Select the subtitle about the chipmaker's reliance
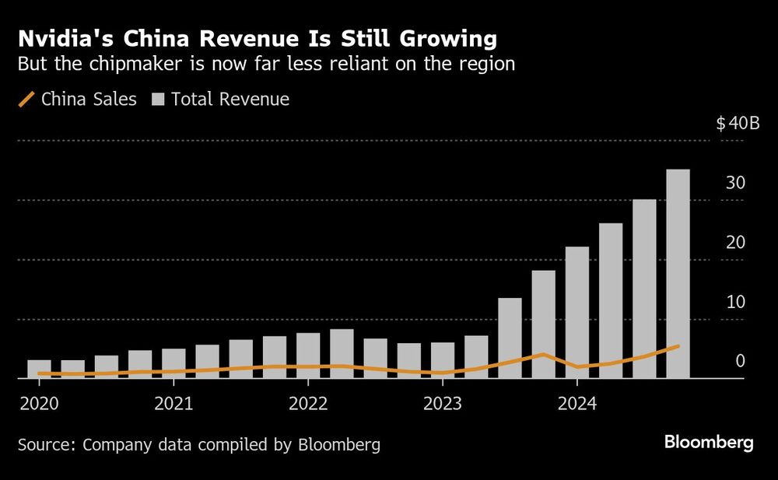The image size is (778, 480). [x=267, y=64]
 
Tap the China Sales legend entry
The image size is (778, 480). [x=77, y=100]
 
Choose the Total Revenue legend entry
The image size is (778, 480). [x=221, y=100]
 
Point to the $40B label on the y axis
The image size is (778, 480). [x=738, y=124]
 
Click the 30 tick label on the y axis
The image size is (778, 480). [x=735, y=183]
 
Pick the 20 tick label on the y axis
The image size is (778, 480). [x=735, y=243]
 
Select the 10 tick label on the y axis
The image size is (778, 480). [x=735, y=302]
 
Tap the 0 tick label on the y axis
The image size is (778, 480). [x=740, y=362]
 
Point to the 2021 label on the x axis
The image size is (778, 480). [x=173, y=405]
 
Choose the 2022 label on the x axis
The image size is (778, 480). [x=308, y=405]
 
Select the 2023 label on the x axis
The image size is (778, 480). [x=442, y=405]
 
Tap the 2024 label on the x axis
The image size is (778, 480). [x=576, y=405]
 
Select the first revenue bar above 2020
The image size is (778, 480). [x=39, y=370]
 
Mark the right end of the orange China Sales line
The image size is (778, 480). [x=678, y=345]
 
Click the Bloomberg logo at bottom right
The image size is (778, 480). [x=709, y=443]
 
